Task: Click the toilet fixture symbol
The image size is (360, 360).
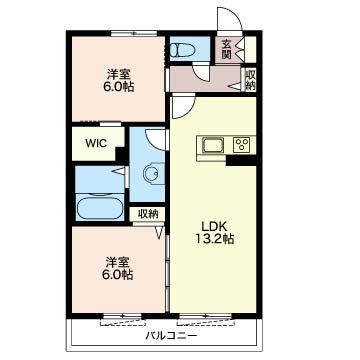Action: tap(182, 50)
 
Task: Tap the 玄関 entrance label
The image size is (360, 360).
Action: tap(227, 49)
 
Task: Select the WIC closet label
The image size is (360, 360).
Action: tap(96, 143)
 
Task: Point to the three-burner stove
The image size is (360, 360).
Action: tap(242, 145)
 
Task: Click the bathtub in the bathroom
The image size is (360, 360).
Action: tap(99, 208)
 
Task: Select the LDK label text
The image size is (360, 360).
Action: tap(214, 227)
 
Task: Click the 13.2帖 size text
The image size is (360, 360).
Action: tap(214, 239)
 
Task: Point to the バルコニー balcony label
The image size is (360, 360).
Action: tap(171, 335)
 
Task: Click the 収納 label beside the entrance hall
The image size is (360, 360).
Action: tap(250, 80)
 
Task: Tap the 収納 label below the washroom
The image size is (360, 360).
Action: tap(147, 214)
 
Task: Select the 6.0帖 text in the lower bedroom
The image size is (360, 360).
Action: tap(119, 275)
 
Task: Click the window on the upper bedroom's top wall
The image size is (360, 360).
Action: tap(134, 33)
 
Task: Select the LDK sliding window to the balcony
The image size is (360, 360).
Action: tap(205, 315)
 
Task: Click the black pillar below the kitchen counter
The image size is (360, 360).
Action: tap(241, 161)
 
